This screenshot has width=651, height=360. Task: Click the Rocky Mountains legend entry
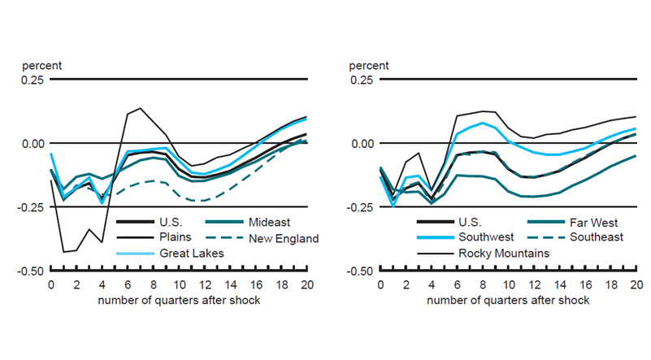(504, 254)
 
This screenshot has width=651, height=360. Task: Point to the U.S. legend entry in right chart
(475, 222)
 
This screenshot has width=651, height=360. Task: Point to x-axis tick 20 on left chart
(306, 285)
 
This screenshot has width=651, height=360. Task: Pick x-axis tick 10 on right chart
(508, 285)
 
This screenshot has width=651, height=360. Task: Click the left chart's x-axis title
(178, 300)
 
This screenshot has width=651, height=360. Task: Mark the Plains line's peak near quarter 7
(140, 108)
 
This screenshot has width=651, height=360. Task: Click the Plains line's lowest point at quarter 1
(63, 252)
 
